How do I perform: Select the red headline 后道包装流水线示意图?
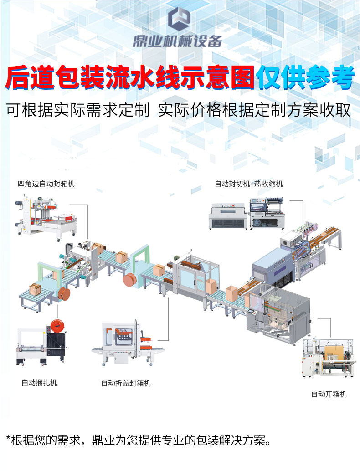tap(130, 78)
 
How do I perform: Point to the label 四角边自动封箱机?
tap(46, 184)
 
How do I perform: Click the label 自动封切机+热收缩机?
tap(248, 184)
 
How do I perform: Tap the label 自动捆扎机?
tap(39, 383)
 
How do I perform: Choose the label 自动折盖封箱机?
tap(126, 383)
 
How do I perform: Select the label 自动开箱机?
tap(329, 394)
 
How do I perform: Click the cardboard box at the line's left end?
tap(35, 289)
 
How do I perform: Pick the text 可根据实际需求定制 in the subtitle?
tap(77, 110)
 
